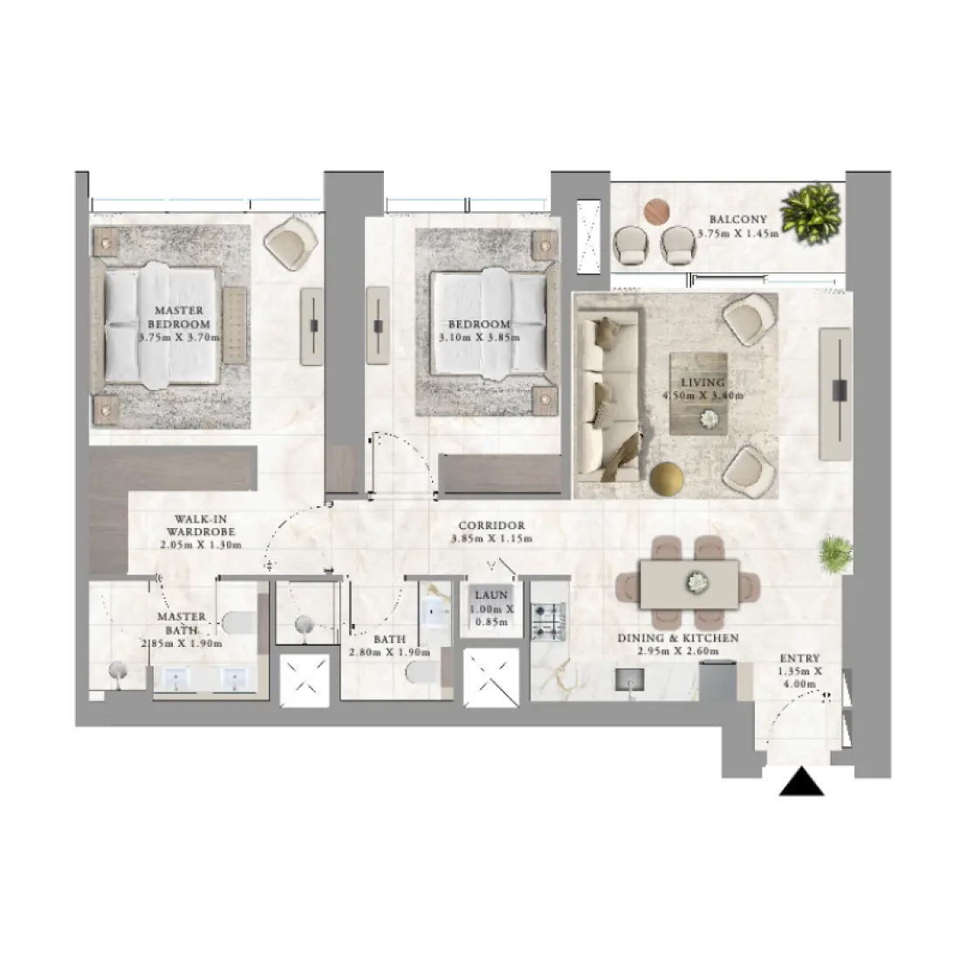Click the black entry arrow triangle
point(801,782)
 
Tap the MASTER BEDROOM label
point(179,317)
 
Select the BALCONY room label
point(737,220)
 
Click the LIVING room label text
point(703,382)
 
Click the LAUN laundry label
point(492,595)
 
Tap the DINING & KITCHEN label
point(678,638)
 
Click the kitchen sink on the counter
point(630,680)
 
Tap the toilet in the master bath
point(238,622)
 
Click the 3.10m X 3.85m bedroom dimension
point(479,337)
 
